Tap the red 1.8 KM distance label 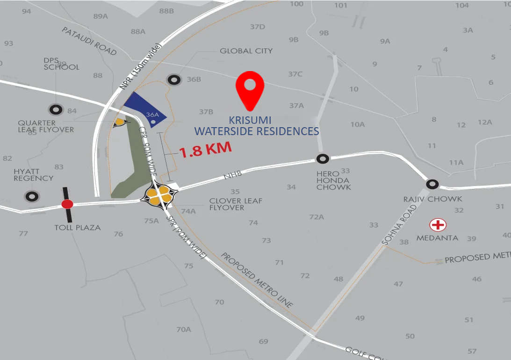pos(206,150)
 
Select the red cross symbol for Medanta pos(438,225)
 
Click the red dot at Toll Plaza pos(67,204)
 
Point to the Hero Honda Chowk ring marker pos(322,159)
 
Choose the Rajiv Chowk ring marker pos(432,184)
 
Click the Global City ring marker pos(174,80)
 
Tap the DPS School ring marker pos(56,110)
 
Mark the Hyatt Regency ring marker pos(32,196)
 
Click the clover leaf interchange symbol pos(160,195)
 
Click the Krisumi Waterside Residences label pos(257,126)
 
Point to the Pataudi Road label pos(89,41)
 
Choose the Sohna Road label pos(392,227)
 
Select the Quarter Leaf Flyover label pos(46,126)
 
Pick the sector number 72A pos(317,217)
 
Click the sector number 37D pos(257,27)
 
